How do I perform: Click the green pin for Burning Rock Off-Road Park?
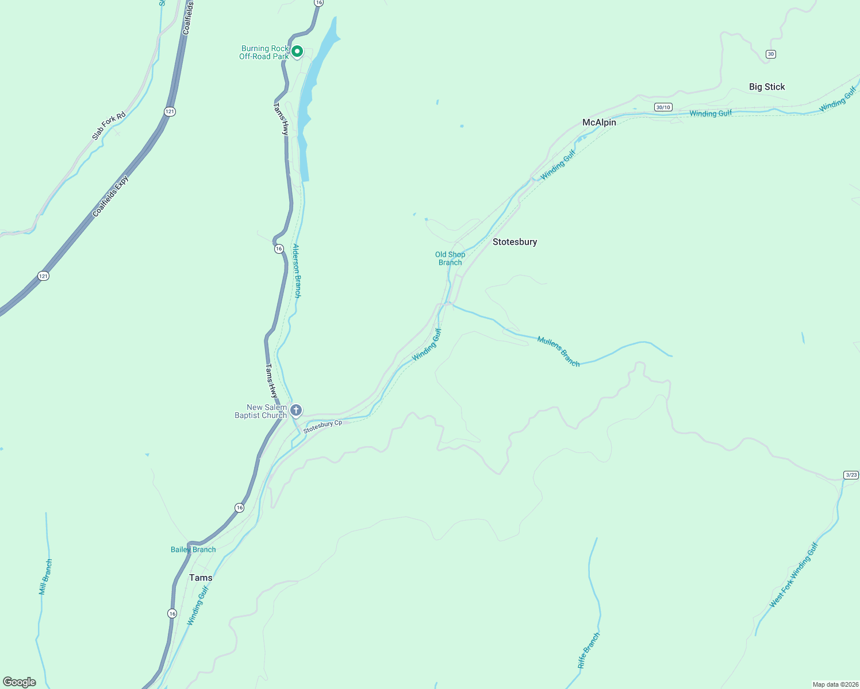(x=297, y=52)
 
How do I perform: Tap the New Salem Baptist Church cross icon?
(x=296, y=410)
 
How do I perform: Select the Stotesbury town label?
(x=515, y=242)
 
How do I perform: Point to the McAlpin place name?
(x=599, y=122)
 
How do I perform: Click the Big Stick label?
(x=767, y=87)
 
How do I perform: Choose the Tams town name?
(x=201, y=578)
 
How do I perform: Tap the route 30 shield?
(x=771, y=54)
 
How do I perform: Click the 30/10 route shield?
(x=663, y=107)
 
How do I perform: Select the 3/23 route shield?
(x=851, y=475)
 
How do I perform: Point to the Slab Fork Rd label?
(x=109, y=126)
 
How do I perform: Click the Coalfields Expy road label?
(x=111, y=196)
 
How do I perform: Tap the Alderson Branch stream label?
(x=297, y=271)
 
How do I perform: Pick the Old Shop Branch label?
(x=450, y=258)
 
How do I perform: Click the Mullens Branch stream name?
(x=558, y=351)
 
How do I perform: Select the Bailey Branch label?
(x=193, y=549)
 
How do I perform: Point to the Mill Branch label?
(x=45, y=577)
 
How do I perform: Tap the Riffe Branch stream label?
(x=589, y=651)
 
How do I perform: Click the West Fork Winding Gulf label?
(x=793, y=575)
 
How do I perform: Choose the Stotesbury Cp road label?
(x=322, y=426)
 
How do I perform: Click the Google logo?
(x=20, y=682)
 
